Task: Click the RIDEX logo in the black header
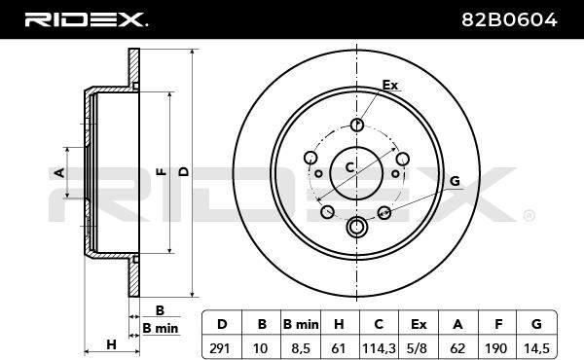(x=86, y=19)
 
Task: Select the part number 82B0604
(x=509, y=19)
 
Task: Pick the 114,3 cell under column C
(x=379, y=348)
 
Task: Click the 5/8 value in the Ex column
(x=418, y=348)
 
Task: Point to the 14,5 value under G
(x=536, y=348)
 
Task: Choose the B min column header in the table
(x=301, y=324)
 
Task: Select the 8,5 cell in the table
(x=301, y=348)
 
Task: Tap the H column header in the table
(x=339, y=324)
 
